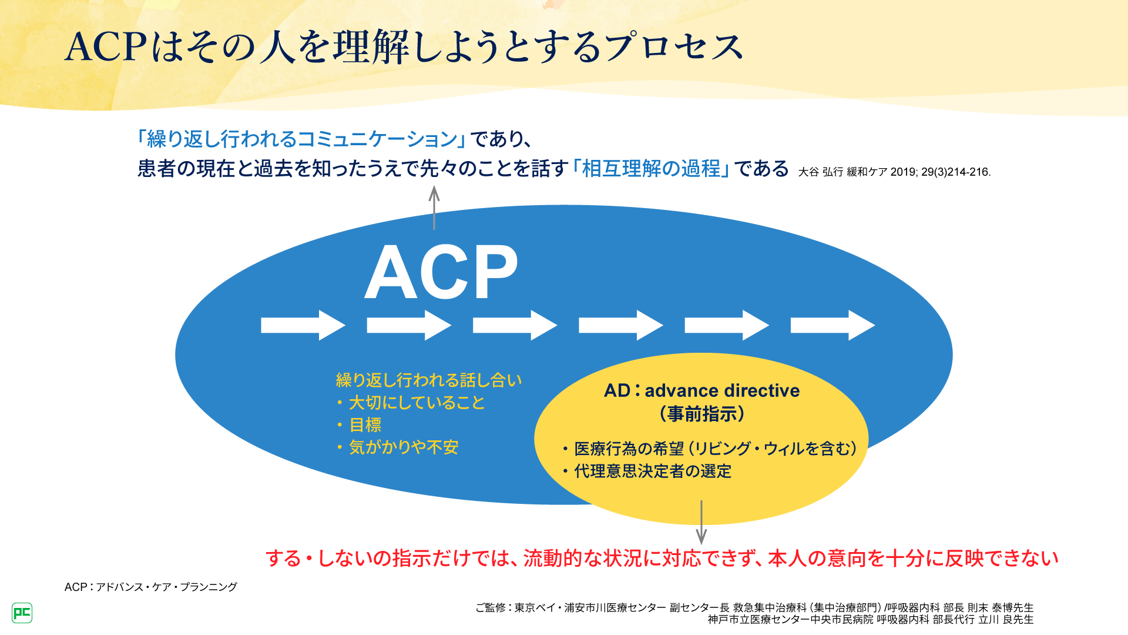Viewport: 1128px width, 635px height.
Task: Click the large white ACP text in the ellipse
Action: tap(441, 272)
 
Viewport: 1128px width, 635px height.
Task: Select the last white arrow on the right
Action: tap(832, 325)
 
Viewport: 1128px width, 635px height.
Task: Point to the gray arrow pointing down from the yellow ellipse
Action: tap(701, 523)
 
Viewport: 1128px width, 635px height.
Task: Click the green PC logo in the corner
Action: tap(22, 613)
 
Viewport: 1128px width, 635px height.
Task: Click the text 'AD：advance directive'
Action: tap(701, 390)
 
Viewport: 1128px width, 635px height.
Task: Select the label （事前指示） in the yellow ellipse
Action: tap(701, 414)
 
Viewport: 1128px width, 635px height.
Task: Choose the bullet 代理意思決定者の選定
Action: tap(652, 471)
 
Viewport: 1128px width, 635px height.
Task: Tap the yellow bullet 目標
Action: tap(365, 425)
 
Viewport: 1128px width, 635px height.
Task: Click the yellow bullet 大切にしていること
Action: tap(417, 403)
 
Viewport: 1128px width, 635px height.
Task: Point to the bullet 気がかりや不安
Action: tap(403, 447)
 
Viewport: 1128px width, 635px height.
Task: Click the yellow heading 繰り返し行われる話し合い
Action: tap(429, 380)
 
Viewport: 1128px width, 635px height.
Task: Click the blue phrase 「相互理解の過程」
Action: tap(651, 169)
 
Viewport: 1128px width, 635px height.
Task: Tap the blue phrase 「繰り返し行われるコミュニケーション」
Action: tap(301, 139)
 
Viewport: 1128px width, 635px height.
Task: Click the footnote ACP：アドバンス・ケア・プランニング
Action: tap(151, 587)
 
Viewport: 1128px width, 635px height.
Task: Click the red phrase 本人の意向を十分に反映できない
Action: tap(913, 558)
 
